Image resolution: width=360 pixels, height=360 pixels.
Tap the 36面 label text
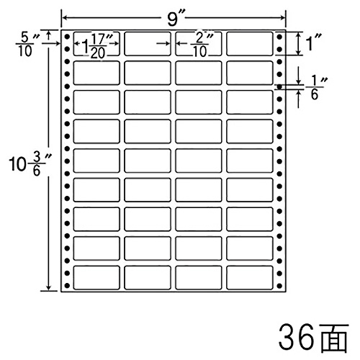point(313,338)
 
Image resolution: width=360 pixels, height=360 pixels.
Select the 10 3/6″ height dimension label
point(27,163)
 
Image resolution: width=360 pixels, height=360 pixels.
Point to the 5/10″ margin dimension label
point(27,45)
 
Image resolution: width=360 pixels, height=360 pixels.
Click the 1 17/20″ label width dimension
point(96,46)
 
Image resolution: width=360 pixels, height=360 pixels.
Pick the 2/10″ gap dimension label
point(199,45)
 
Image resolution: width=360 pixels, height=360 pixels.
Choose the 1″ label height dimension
point(312,43)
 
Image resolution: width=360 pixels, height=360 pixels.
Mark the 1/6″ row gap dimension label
point(316,89)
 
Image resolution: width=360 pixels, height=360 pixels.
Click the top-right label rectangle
point(250,43)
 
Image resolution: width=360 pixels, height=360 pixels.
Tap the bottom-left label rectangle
point(96,277)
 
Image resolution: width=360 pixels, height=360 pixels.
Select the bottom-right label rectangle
point(250,277)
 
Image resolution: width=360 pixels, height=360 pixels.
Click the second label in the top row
point(148,43)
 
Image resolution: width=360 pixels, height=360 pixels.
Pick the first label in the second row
point(96,73)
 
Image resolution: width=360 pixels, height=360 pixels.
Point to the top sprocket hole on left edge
point(67,37)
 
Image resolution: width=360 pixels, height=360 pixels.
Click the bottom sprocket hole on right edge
point(279,286)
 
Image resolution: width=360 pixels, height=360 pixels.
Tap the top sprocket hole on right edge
point(279,37)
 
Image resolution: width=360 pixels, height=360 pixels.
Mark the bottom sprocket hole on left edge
point(67,286)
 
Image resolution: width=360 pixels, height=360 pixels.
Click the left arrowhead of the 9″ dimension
point(64,17)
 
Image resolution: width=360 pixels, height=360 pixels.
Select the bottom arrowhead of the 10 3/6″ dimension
point(49,288)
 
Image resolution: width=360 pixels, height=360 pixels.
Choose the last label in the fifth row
point(250,161)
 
